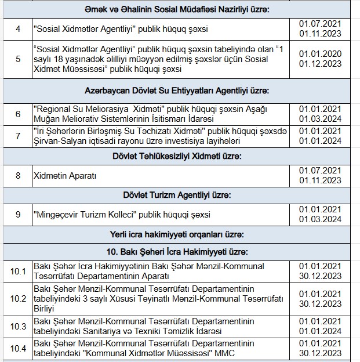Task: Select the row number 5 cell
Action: [x=18, y=59]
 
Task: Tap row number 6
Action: [x=18, y=114]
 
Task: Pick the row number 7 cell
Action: [x=18, y=136]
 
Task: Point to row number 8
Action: [x=18, y=175]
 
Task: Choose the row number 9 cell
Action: [x=18, y=214]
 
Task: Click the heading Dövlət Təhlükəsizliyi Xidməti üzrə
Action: [x=180, y=157]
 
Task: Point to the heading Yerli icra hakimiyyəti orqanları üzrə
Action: [x=180, y=234]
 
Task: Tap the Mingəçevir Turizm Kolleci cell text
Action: [x=122, y=215]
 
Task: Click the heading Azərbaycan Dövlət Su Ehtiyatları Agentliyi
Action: [x=180, y=91]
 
